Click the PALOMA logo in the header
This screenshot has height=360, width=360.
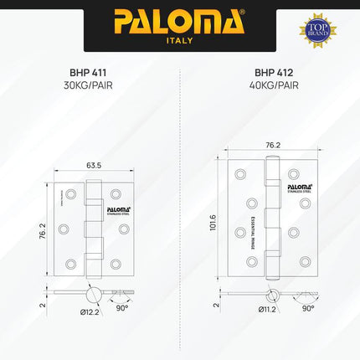pos(179,19)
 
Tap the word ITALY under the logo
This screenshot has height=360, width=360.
pos(179,39)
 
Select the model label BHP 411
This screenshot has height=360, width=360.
pos(89,72)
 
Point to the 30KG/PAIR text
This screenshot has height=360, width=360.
pos(89,85)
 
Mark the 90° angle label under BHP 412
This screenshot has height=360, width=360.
pos(307,308)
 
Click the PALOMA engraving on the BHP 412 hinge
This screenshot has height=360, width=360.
pos(299,185)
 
